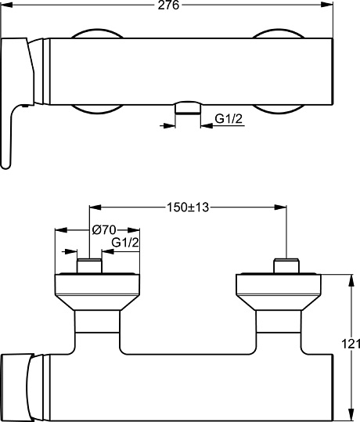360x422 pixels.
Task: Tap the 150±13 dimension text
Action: pos(188,207)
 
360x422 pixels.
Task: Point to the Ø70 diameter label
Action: pos(103,230)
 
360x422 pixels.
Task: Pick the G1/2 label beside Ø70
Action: pos(126,243)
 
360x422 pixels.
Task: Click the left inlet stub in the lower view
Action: pos(90,265)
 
